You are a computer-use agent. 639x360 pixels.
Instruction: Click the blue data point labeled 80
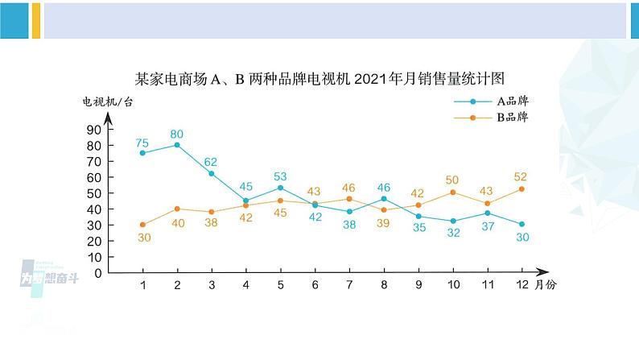177,145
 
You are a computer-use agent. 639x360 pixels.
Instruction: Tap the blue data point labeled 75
142,153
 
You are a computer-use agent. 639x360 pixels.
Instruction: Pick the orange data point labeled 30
142,225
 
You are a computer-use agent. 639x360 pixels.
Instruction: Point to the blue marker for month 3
212,173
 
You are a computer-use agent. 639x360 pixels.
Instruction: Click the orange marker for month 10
452,192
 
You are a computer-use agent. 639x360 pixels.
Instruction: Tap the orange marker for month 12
522,189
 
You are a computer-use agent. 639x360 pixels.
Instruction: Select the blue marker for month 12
522,224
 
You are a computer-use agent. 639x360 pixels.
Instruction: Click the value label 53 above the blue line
280,176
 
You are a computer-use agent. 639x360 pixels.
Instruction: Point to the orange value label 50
452,180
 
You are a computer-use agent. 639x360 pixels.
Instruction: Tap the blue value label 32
452,233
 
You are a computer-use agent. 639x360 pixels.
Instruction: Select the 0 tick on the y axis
98,273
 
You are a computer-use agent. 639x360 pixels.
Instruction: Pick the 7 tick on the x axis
349,287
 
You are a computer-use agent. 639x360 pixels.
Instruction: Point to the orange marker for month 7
349,199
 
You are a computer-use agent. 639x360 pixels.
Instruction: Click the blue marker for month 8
384,199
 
